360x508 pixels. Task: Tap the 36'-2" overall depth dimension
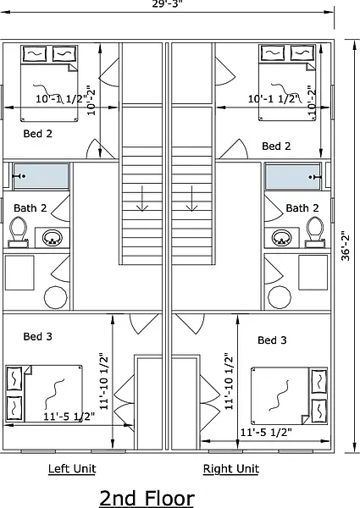tap(346, 246)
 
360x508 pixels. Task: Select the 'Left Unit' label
tap(72, 469)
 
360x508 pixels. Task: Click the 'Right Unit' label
tap(231, 469)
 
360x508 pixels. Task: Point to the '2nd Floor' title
tap(147, 498)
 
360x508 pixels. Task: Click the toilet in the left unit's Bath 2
tap(18, 232)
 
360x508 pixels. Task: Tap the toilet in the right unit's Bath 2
tap(315, 232)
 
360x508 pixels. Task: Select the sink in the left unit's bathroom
tap(53, 238)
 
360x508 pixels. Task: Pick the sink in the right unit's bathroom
tap(281, 238)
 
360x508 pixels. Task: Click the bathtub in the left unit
tap(41, 176)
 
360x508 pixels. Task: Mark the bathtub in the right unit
tap(294, 176)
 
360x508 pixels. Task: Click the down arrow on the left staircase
tap(142, 199)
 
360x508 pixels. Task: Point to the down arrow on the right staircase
tap(192, 199)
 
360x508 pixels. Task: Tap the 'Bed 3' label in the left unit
tap(37, 337)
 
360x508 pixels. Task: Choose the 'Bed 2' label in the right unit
tap(276, 146)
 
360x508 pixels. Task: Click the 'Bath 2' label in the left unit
tap(30, 208)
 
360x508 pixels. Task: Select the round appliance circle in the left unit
tap(56, 297)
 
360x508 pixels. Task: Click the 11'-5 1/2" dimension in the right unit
tap(266, 432)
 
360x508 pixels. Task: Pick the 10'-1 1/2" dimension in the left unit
tap(61, 98)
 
